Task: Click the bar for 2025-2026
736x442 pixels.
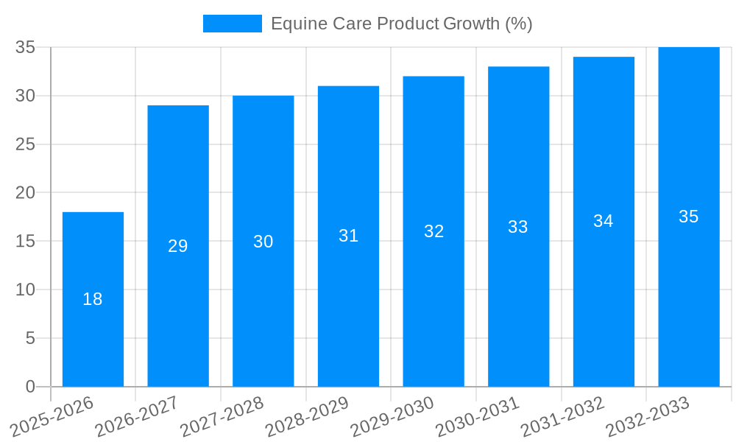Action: click(x=93, y=331)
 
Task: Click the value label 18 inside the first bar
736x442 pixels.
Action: click(x=93, y=299)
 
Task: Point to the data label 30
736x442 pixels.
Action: click(x=263, y=242)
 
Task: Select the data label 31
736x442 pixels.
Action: click(x=348, y=236)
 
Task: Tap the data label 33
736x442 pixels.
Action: click(x=518, y=227)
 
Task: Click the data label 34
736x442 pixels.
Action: click(x=604, y=221)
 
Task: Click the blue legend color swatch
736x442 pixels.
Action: click(x=233, y=24)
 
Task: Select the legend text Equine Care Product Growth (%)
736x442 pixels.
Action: click(x=401, y=24)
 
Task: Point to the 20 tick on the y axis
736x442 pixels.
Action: click(x=25, y=193)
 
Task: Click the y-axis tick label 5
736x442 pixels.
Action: click(x=30, y=338)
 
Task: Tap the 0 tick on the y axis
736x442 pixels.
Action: click(x=30, y=387)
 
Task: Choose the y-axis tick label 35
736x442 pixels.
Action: click(x=25, y=47)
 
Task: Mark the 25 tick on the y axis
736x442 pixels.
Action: click(x=25, y=144)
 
